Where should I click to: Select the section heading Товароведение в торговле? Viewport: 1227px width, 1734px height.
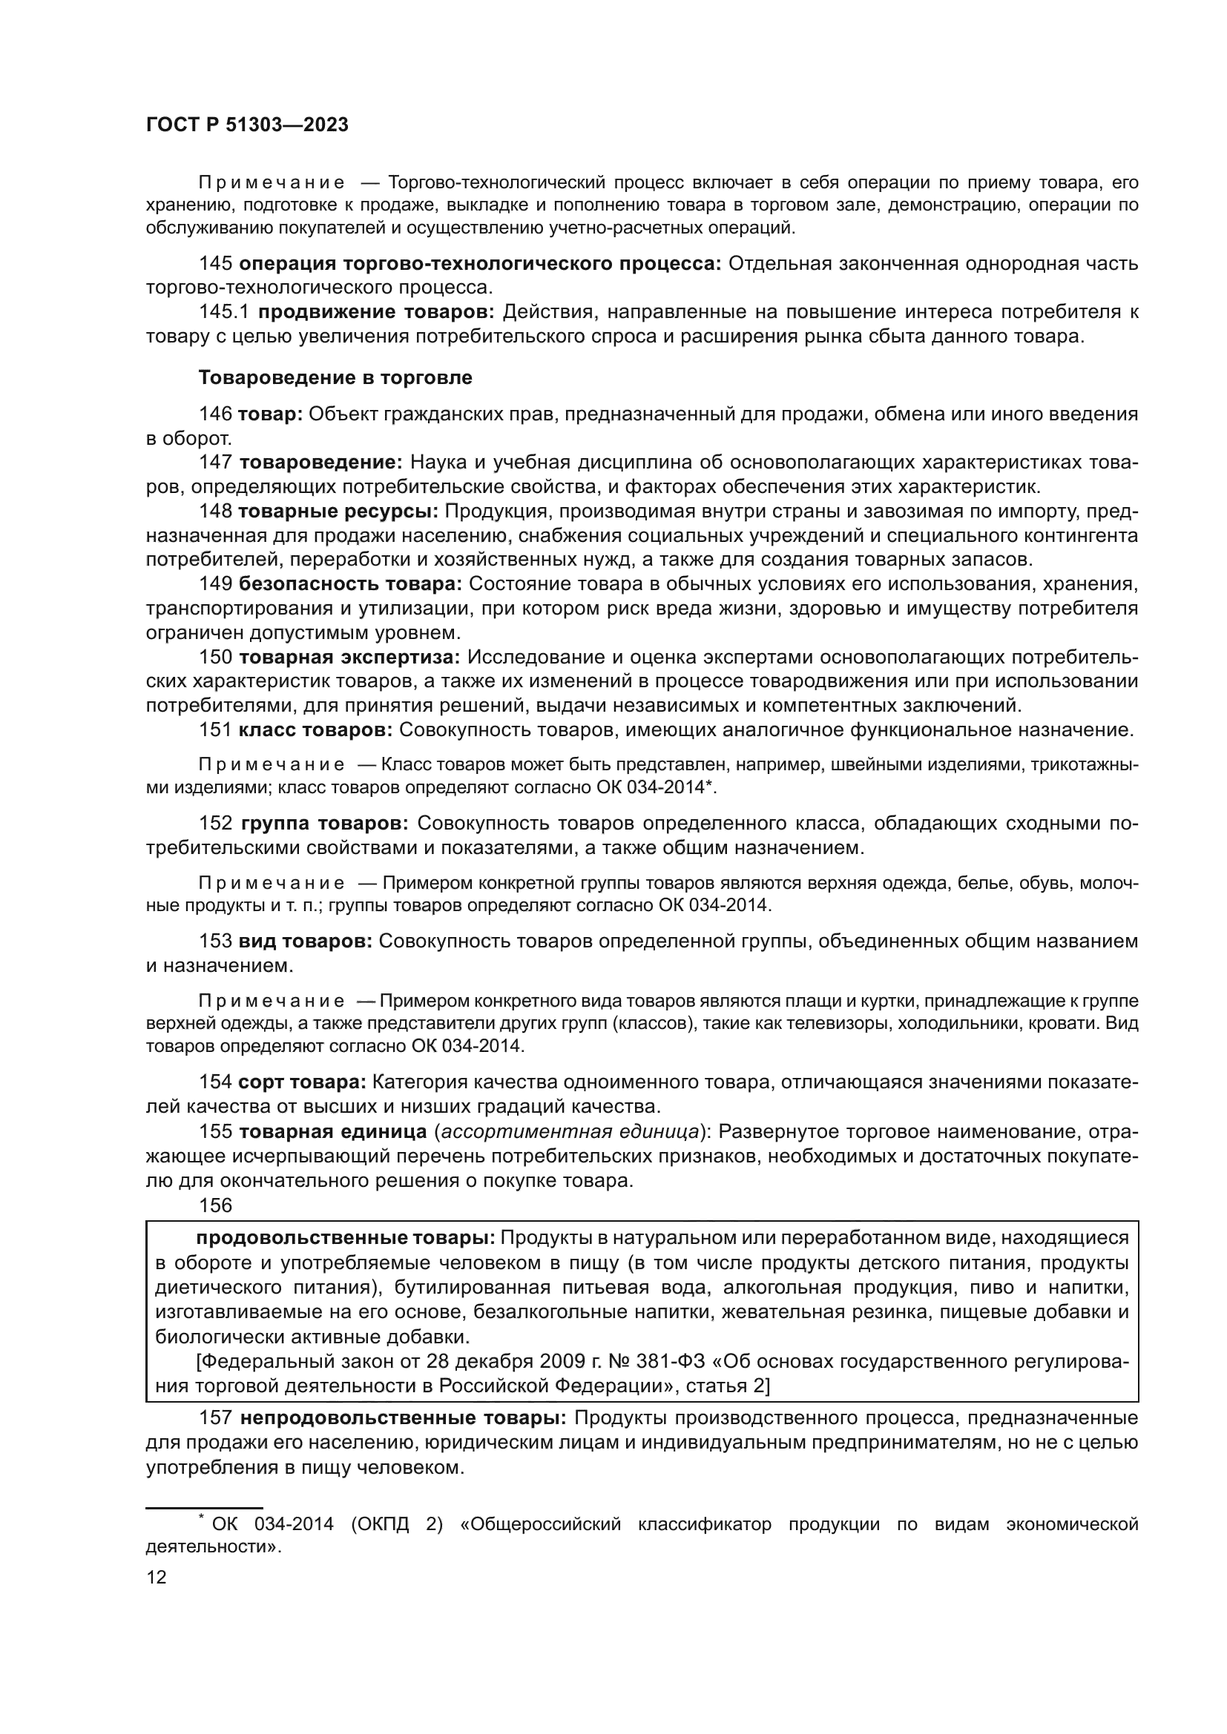pos(335,377)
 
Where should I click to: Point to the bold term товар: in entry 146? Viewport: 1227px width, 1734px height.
pos(271,414)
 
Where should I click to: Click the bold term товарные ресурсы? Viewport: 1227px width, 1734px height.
pos(338,512)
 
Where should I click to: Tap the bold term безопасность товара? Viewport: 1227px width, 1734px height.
pos(350,583)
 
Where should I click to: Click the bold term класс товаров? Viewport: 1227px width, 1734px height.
pos(315,730)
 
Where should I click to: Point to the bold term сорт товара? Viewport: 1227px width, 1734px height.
pos(302,1082)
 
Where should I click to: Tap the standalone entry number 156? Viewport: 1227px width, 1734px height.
pos(215,1205)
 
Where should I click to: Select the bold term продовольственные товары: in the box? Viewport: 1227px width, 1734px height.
pos(345,1238)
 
